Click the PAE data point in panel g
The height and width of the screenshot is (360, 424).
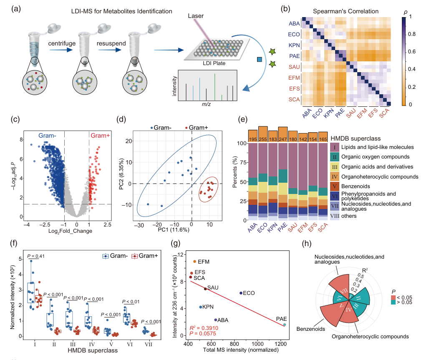(x=285, y=325)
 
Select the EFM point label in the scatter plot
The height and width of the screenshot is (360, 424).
(x=204, y=262)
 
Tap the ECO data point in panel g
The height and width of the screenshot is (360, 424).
(x=241, y=293)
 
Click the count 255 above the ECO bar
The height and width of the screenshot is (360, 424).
(x=263, y=138)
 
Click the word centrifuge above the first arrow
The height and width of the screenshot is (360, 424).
(x=62, y=43)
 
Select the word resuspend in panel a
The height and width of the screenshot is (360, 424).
(x=111, y=43)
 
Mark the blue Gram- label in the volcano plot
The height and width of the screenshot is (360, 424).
(x=50, y=136)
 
